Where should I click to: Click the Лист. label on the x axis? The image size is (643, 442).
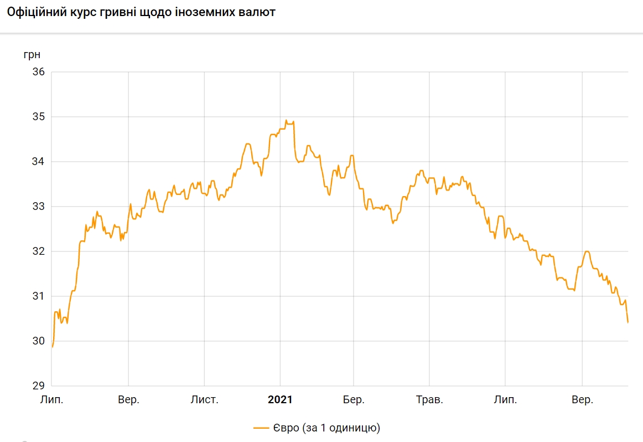coord(204,400)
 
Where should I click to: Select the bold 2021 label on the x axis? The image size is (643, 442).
coord(279,400)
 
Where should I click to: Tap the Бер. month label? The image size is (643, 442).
coord(354,400)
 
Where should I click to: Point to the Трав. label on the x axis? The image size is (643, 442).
coord(429,400)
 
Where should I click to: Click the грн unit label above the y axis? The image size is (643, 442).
coord(32,54)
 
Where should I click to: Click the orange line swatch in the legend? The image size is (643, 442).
coord(261,428)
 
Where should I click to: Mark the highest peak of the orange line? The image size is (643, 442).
coord(286,120)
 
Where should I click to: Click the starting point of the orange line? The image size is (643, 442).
coord(52,347)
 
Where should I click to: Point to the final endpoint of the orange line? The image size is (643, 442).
coord(628,322)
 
